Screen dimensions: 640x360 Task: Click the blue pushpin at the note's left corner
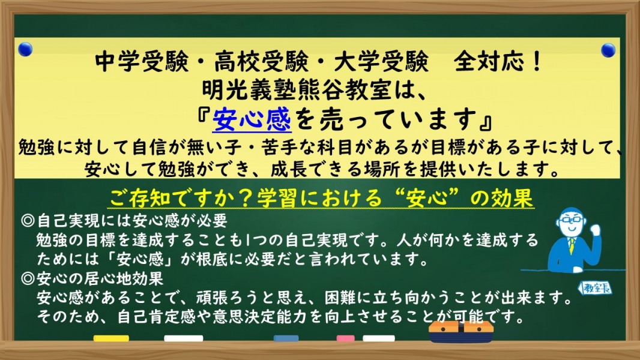(25, 49)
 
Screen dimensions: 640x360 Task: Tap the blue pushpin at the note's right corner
(608, 50)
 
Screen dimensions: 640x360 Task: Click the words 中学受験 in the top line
(142, 62)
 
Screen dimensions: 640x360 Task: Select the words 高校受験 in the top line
(261, 62)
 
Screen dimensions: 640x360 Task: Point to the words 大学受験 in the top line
(381, 62)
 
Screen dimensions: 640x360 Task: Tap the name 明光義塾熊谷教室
(297, 90)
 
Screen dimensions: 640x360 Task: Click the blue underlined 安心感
(252, 119)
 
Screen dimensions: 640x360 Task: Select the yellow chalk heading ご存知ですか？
(183, 198)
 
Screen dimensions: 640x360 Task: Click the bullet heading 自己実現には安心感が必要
(132, 221)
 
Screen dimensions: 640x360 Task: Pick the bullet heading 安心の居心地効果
(100, 279)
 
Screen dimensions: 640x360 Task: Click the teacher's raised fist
(596, 230)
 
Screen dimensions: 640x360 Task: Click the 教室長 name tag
(595, 288)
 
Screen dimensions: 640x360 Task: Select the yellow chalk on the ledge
(111, 338)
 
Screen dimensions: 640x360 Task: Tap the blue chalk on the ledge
(286, 338)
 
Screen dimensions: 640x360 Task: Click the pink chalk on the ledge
(346, 338)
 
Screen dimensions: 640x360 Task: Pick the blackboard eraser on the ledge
(461, 332)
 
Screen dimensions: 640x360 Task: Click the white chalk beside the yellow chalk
(183, 338)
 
